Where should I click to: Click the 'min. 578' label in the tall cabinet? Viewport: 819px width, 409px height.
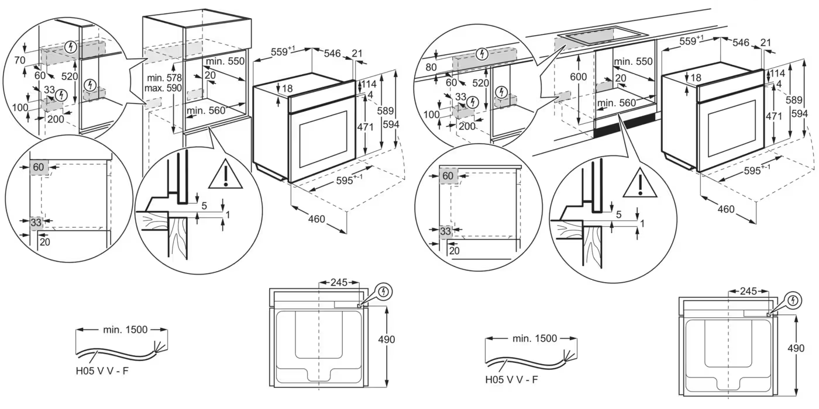pos(164,78)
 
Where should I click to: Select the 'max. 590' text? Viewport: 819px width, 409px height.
pos(164,88)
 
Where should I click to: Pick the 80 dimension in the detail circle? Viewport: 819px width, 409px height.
pos(431,67)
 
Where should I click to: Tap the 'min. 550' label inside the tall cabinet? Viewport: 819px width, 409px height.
pos(225,61)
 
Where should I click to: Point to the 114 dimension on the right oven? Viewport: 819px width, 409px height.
pos(777,74)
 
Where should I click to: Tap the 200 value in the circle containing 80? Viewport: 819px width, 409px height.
pos(466,126)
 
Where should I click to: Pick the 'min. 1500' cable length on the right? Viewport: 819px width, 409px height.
pos(534,338)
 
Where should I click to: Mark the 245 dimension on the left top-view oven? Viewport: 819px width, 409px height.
pos(339,282)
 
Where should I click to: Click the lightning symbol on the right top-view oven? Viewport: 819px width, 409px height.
pos(793,301)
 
